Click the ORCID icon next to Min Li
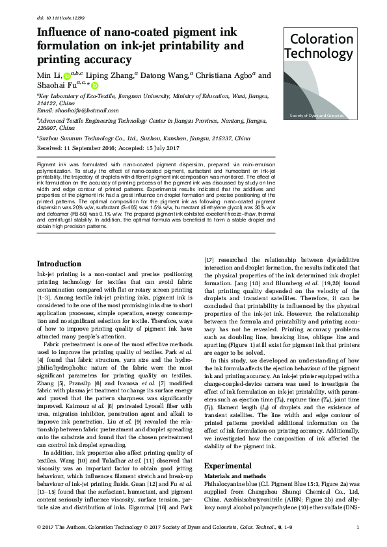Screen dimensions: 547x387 66,77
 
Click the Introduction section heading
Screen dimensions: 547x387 59,264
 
